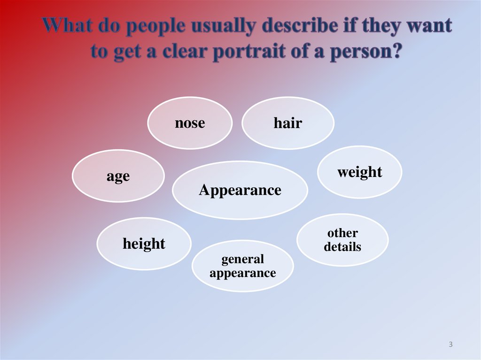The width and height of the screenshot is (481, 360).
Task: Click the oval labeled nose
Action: [190, 123]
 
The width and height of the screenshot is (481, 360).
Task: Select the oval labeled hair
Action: [287, 123]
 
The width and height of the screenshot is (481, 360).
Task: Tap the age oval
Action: [118, 176]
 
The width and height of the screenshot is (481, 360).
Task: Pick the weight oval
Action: [360, 172]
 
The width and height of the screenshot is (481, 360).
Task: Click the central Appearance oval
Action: [240, 190]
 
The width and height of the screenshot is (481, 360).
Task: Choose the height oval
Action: [144, 244]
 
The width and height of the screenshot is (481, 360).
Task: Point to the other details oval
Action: [342, 240]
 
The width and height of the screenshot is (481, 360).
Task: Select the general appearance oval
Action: [242, 266]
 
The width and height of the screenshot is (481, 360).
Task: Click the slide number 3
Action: [450, 345]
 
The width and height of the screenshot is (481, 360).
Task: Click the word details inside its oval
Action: [342, 246]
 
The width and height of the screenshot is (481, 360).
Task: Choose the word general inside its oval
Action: [242, 259]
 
